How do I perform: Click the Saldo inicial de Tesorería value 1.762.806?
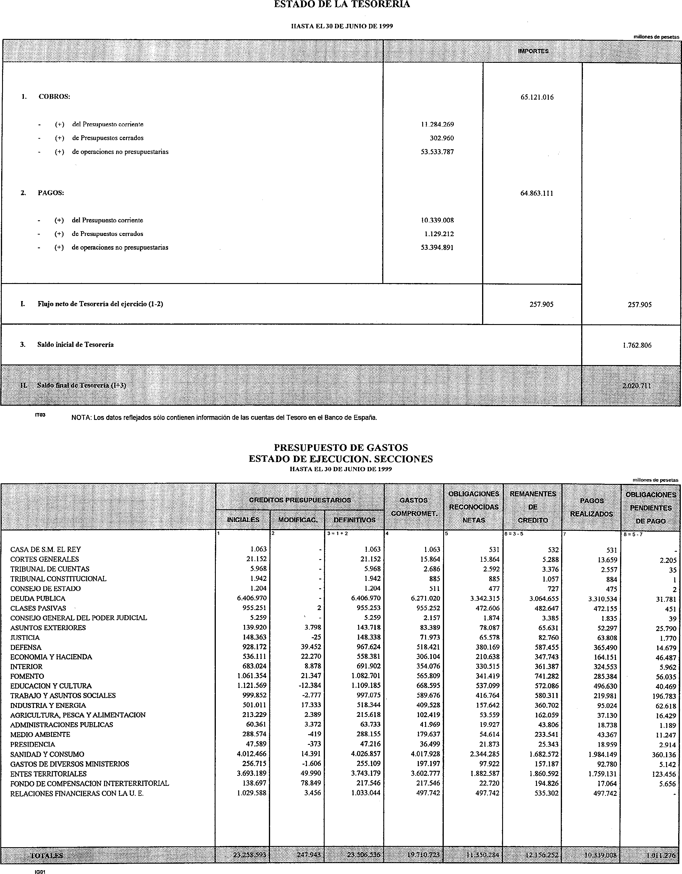point(637,345)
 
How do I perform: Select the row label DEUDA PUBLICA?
point(38,598)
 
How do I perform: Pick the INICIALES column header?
point(243,520)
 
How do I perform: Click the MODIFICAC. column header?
point(298,520)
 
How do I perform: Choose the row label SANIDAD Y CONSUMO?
point(47,754)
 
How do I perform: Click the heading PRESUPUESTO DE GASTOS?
point(341,447)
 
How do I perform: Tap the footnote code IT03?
point(40,415)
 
